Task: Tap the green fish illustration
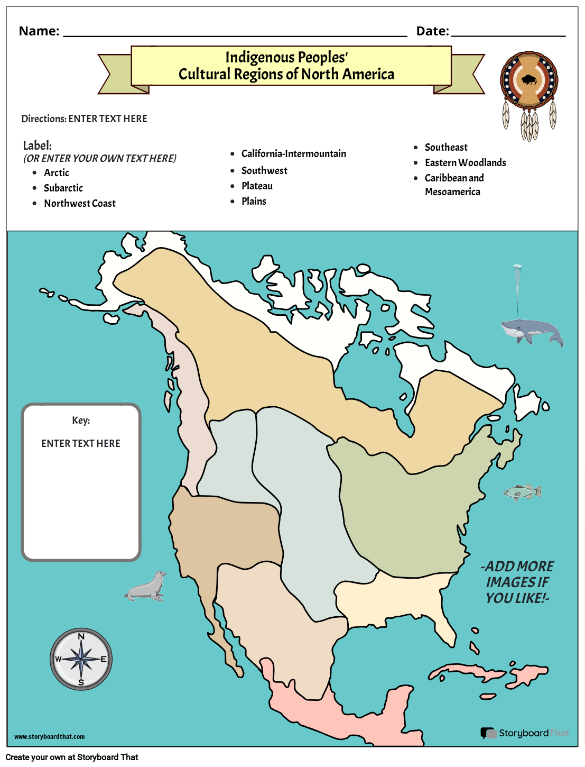coord(522,492)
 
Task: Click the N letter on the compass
coord(81,636)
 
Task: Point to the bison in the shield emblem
coord(528,80)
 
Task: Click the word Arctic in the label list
coord(57,173)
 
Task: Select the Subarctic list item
coord(63,188)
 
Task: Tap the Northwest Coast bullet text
coord(80,204)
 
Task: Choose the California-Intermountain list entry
coord(294,154)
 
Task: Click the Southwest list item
coord(264,171)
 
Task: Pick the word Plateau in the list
coord(257,186)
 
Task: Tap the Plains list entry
coord(254,202)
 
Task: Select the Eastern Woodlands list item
coord(465,163)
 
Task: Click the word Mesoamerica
coord(452,192)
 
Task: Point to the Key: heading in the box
coord(81,421)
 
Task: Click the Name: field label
coord(39,31)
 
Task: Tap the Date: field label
coord(432,31)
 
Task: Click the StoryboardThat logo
coord(525,733)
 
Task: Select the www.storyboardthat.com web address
coord(49,737)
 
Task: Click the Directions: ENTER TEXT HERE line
coord(85,119)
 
